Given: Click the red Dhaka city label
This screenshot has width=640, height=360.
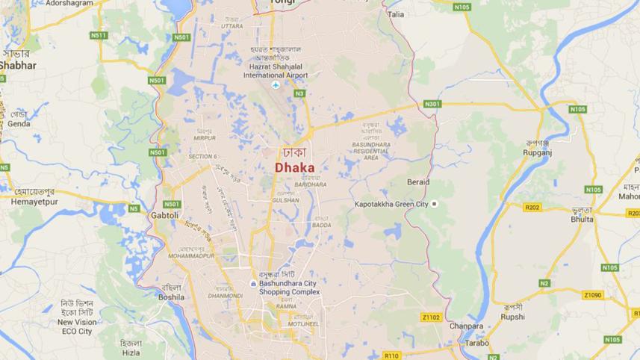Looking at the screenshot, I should click(x=294, y=168).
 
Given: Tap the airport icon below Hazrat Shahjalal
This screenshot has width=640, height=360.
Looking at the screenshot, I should click(x=276, y=85).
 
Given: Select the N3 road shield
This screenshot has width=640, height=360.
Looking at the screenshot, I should click(x=299, y=93).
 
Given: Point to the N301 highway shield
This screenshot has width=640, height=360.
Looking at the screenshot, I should click(x=432, y=104).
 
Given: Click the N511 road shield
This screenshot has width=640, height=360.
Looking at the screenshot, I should click(x=99, y=35).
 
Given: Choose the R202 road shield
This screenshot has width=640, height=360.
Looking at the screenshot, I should click(x=532, y=208).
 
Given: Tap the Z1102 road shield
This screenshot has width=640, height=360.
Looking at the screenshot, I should click(x=431, y=317).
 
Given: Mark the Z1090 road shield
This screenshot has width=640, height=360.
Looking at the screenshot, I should click(x=593, y=295).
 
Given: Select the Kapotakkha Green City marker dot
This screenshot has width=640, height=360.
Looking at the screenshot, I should click(x=434, y=204).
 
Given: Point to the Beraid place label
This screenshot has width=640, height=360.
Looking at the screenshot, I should click(x=418, y=182).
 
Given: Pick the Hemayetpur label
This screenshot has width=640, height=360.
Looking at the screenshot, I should click(x=35, y=202).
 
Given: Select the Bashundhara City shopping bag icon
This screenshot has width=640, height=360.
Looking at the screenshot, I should click(x=254, y=284).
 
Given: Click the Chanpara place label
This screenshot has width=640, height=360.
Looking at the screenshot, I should click(x=466, y=326).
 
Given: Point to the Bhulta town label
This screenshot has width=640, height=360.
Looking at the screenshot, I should click(x=582, y=220).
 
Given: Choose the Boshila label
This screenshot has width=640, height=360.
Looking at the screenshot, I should click(x=170, y=297).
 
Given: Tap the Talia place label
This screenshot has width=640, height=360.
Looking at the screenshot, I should click(x=396, y=14).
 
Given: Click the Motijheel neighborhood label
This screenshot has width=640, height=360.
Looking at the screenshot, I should click(x=305, y=324).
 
